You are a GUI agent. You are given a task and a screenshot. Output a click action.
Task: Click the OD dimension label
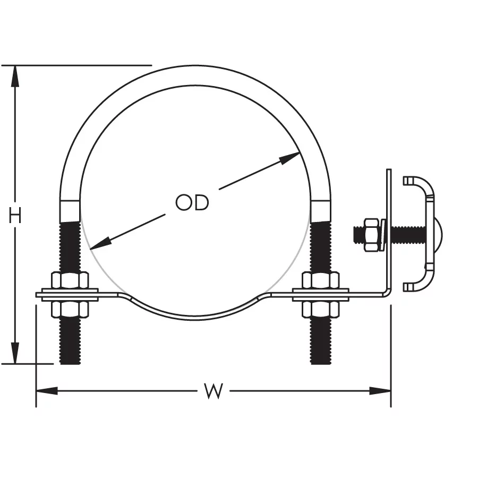point(192,202)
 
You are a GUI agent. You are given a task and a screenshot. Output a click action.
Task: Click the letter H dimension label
point(15,216)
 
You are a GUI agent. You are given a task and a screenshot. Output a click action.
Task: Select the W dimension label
point(213,391)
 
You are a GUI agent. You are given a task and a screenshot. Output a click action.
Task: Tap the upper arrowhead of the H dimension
point(15,74)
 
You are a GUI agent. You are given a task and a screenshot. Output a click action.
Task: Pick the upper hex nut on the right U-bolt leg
point(320,280)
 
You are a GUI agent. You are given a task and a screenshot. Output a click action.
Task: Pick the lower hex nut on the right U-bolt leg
point(320,309)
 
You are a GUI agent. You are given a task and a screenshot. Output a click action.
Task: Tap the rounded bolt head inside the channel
point(438,234)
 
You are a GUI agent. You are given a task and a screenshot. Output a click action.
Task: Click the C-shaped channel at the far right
point(425,183)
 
